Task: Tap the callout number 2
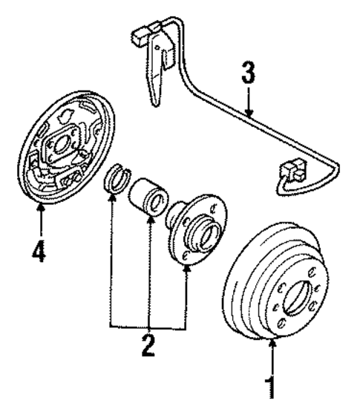pos(149,345)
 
